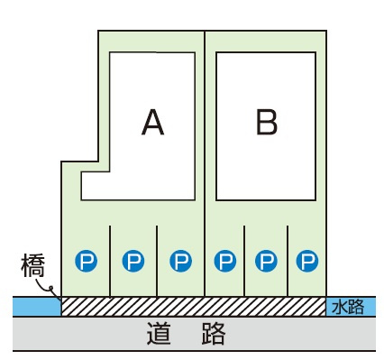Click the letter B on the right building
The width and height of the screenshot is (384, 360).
tap(266, 122)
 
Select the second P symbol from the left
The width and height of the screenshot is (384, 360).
tap(133, 261)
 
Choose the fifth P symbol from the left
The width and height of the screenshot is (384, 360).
tap(266, 261)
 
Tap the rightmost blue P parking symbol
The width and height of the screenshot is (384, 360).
tap(308, 261)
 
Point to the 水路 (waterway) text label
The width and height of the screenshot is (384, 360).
tap(348, 307)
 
